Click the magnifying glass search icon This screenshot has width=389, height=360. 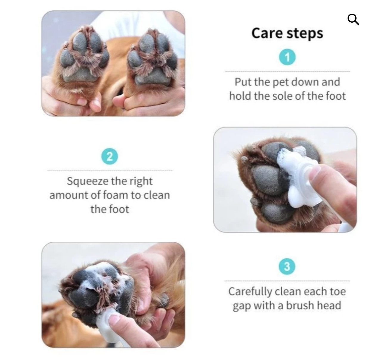[353, 19]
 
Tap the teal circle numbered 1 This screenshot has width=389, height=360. [287, 57]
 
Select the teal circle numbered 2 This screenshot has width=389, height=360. [109, 156]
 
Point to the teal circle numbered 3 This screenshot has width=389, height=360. [287, 266]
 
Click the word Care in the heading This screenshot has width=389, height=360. [267, 33]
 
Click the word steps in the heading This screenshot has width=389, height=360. [305, 34]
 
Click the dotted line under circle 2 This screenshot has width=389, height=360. [110, 171]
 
